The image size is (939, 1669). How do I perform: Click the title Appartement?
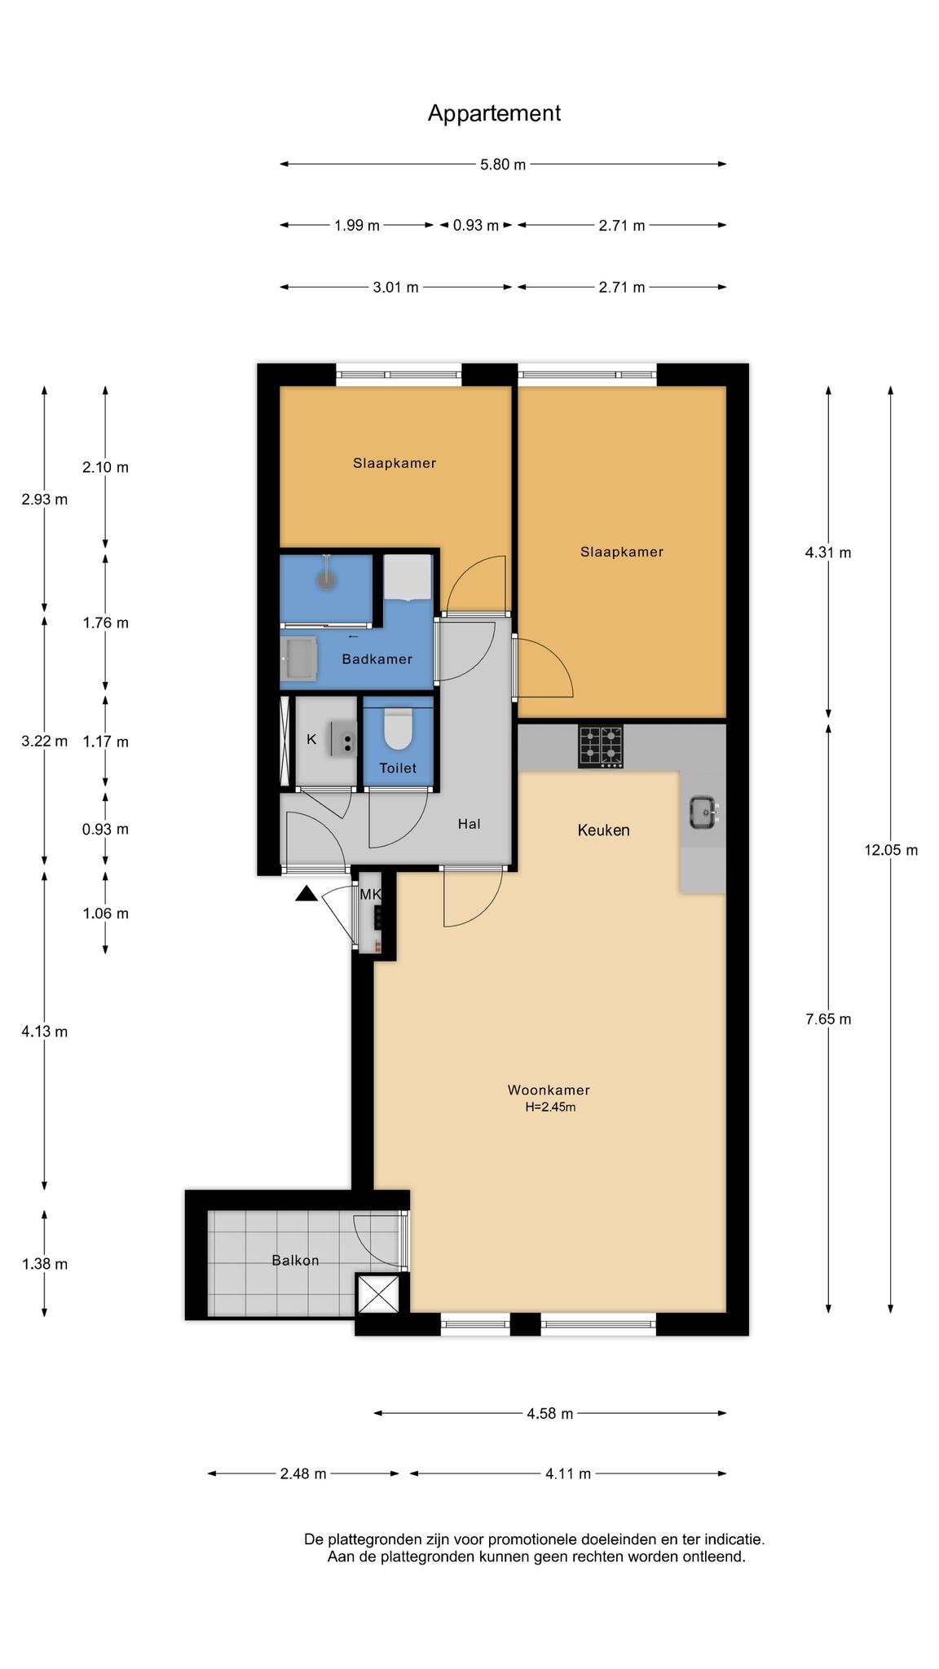tap(494, 113)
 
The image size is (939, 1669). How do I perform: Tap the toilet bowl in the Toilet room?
tap(399, 730)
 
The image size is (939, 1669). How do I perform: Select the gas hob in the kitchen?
tap(601, 746)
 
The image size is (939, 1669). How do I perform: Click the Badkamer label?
tap(377, 658)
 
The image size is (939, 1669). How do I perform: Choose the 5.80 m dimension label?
tap(503, 165)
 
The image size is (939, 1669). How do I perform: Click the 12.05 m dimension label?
tap(891, 850)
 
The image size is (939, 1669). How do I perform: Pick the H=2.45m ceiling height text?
tap(550, 1107)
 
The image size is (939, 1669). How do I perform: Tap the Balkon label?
tap(295, 1260)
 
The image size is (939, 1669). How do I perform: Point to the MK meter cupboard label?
tap(370, 894)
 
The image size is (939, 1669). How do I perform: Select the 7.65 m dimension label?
tap(828, 1019)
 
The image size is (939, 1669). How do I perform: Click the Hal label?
tap(469, 824)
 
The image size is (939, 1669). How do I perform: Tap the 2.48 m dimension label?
tap(303, 1473)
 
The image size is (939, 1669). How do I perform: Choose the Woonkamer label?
tap(549, 1090)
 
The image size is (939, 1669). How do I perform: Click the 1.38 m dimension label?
tap(44, 1264)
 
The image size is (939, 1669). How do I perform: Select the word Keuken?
tap(603, 830)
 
